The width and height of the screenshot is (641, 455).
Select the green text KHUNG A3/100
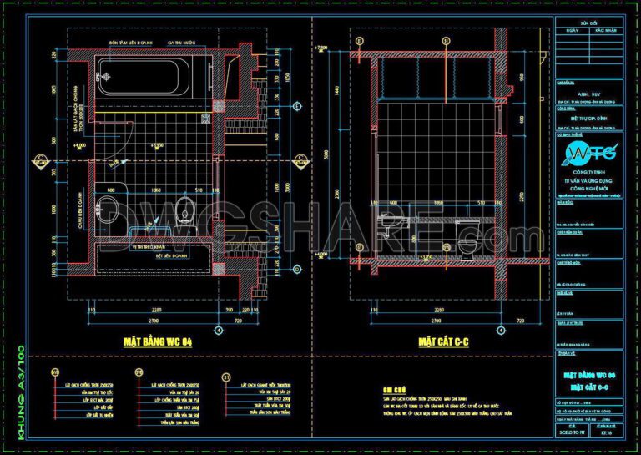pyautogui.click(x=18, y=389)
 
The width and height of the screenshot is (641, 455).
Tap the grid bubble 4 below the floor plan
pyautogui.click(x=219, y=330)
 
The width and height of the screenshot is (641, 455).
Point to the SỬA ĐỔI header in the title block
pyautogui.click(x=588, y=23)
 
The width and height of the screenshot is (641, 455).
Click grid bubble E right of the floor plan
pyautogui.click(x=298, y=106)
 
